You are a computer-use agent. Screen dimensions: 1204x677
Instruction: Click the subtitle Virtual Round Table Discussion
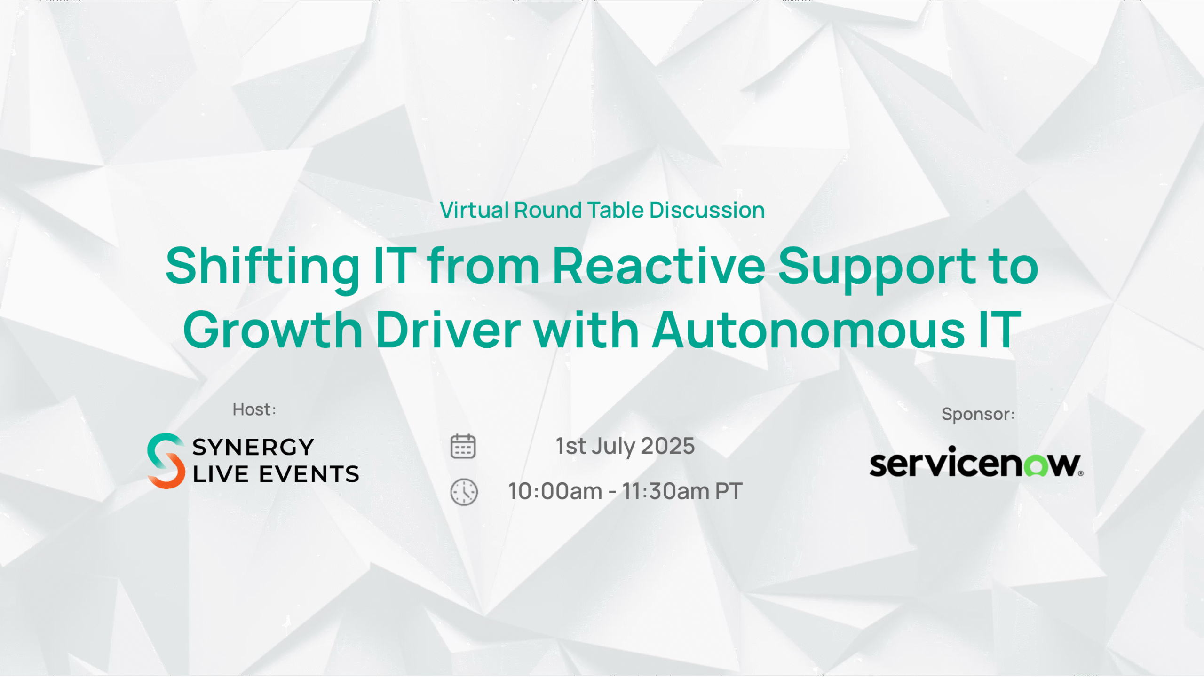[602, 210]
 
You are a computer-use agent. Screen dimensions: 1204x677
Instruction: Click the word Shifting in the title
[262, 267]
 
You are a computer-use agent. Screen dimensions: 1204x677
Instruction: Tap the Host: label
[254, 409]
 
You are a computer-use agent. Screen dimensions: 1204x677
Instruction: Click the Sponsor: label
[978, 414]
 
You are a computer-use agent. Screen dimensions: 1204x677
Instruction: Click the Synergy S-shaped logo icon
[166, 461]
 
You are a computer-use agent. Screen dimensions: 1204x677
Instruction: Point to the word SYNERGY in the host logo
[253, 447]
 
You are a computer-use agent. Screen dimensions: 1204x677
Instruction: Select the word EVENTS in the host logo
[309, 474]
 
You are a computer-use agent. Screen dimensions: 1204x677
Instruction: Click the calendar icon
[463, 446]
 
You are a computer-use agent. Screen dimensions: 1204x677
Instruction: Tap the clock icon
[464, 492]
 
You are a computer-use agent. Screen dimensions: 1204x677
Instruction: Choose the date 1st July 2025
[625, 446]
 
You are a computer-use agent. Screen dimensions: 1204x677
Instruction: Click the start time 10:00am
[555, 491]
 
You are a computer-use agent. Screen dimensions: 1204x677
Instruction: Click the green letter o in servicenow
[1036, 466]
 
